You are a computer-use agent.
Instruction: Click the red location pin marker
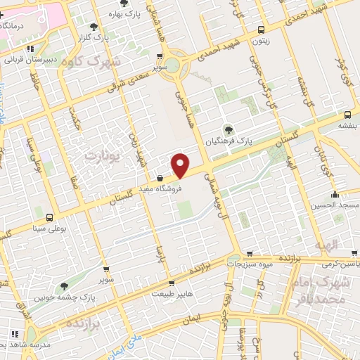181,165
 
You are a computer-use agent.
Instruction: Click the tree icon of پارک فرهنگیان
228,129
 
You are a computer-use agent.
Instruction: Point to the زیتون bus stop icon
262,30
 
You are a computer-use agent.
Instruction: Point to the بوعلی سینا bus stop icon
49,217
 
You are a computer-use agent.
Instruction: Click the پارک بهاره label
127,13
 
